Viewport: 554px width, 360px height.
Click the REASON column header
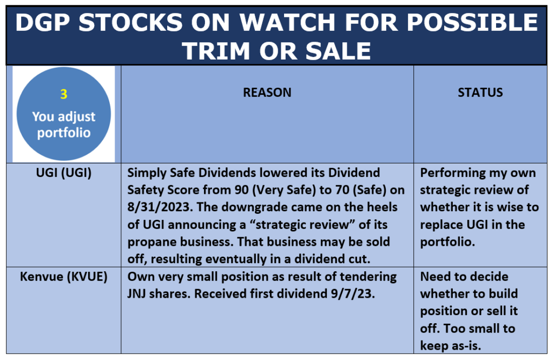click(267, 92)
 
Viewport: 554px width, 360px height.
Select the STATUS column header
click(480, 92)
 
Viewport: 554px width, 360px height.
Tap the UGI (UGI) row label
click(64, 173)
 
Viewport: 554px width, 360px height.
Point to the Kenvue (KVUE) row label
click(64, 277)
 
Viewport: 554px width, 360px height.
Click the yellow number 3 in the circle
click(64, 94)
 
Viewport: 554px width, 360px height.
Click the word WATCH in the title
click(287, 22)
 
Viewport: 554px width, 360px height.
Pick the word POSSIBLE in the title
click(472, 22)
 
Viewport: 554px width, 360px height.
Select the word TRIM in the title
click(216, 50)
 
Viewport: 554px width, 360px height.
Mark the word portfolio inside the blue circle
click(64, 133)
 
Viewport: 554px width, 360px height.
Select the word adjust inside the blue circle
click(76, 117)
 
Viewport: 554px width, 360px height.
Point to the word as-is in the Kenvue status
click(465, 345)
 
